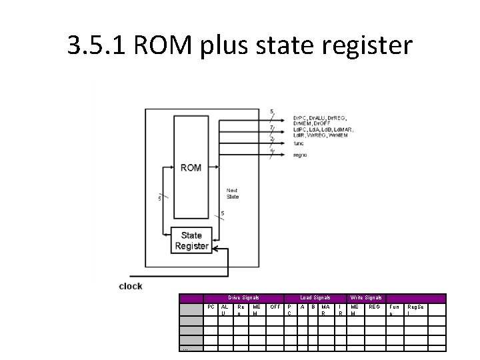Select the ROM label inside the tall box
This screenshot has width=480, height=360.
[x=191, y=167]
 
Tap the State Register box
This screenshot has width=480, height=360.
[x=191, y=241]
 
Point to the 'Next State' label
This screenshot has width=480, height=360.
[x=233, y=193]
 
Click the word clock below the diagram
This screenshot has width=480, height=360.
[x=131, y=286]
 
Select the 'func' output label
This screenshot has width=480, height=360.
[x=299, y=143]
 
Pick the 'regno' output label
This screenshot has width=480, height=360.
[x=300, y=154]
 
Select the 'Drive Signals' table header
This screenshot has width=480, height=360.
[x=243, y=297]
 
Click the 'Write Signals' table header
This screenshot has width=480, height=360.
[x=366, y=297]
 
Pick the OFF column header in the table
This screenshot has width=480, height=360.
[x=275, y=307]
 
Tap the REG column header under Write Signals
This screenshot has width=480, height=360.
[x=374, y=307]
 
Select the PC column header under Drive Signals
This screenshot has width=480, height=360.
[x=211, y=307]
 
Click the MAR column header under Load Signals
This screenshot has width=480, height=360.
[x=325, y=309]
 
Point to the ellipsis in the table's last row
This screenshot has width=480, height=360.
[x=185, y=347]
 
